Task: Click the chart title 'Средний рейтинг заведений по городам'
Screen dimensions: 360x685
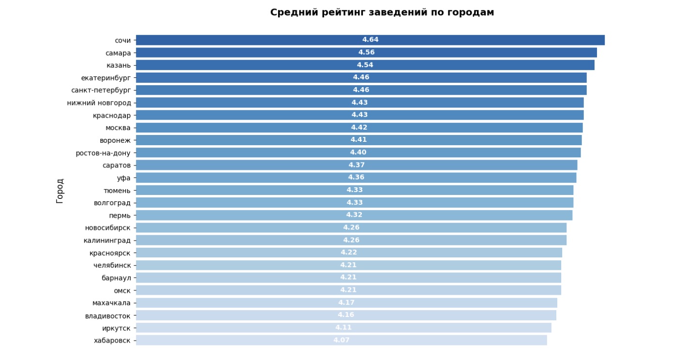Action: [x=382, y=13]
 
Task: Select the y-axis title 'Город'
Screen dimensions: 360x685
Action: [x=60, y=191]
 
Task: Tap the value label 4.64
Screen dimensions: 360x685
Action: [x=370, y=40]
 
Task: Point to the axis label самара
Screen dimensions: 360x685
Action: [x=118, y=53]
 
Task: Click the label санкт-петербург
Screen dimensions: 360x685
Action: [x=101, y=90]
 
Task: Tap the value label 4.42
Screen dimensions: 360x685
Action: [x=359, y=128]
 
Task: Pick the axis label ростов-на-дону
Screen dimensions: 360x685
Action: [x=103, y=153]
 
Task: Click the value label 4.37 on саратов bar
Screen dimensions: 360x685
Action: [x=357, y=165]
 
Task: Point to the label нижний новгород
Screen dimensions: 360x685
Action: [x=99, y=103]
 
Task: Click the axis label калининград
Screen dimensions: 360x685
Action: [x=107, y=240]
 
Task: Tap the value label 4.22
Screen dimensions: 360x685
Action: [x=349, y=253]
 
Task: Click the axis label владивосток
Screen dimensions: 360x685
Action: [x=107, y=315]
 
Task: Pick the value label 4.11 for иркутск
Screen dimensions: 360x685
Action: [x=343, y=328]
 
